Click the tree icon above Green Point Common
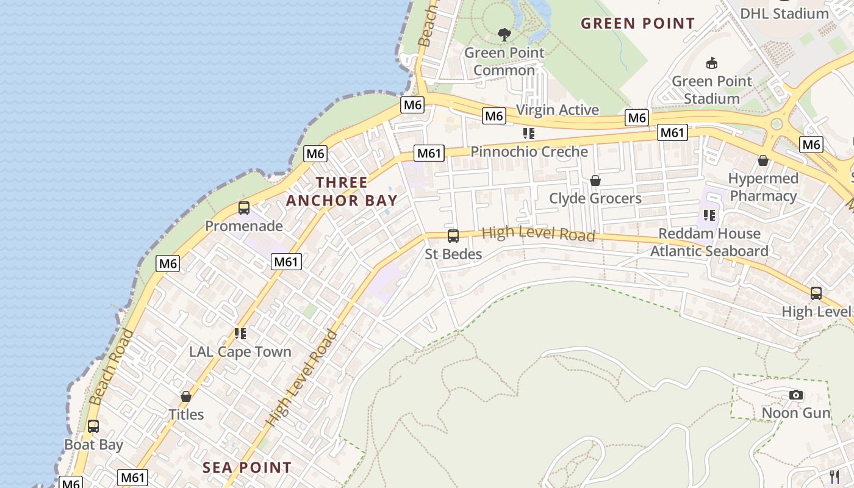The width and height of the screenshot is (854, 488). [504, 34]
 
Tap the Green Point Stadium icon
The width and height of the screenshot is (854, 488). [711, 63]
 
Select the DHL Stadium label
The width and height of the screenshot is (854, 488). [784, 13]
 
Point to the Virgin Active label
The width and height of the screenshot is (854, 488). [558, 110]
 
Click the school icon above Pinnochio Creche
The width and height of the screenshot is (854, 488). [529, 134]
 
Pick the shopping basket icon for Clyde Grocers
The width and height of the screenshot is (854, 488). [595, 181]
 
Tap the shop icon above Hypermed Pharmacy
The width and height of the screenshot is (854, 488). [762, 160]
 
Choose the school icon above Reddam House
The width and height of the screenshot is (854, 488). [709, 215]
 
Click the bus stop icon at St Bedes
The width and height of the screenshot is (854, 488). [453, 236]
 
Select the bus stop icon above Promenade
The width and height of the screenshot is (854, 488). [244, 208]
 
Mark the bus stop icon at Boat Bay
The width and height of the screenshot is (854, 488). [93, 426]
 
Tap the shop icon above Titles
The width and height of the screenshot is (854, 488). [186, 396]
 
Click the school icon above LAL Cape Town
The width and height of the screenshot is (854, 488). [240, 334]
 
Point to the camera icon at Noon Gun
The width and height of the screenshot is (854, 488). [795, 395]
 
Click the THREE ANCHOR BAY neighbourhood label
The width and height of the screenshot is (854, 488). [342, 191]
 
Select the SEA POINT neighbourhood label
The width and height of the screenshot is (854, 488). [247, 468]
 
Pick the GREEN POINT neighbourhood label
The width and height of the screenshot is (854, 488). [637, 24]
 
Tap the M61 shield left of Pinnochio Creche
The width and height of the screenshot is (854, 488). [429, 153]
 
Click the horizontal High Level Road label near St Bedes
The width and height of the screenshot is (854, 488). [538, 234]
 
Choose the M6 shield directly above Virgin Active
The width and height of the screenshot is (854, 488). [494, 116]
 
